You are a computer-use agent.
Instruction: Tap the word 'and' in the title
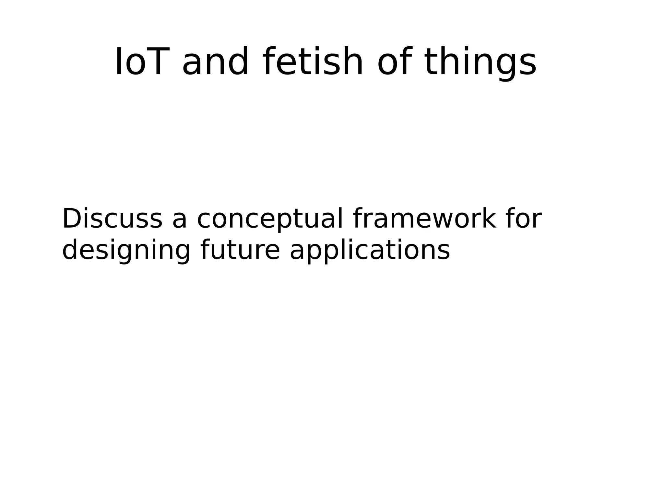tap(215, 62)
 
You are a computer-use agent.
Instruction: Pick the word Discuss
tap(112, 219)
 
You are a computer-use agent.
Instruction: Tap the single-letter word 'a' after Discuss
tap(179, 220)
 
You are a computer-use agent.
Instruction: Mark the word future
tap(240, 250)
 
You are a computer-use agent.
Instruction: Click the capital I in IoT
tap(119, 62)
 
